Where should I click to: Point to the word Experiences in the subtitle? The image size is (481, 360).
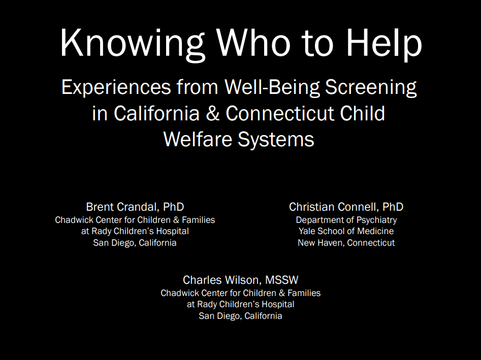pos(116,88)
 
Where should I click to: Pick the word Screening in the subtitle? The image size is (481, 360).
pos(371,88)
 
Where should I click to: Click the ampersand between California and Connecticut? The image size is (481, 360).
pos(213,113)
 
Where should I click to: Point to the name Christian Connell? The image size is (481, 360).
pos(333,207)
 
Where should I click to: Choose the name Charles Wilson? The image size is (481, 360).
pos(222,280)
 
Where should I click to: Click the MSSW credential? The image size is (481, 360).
pos(281,280)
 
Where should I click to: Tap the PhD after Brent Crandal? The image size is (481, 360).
pos(173,207)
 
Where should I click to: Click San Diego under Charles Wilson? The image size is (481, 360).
pos(219,316)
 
